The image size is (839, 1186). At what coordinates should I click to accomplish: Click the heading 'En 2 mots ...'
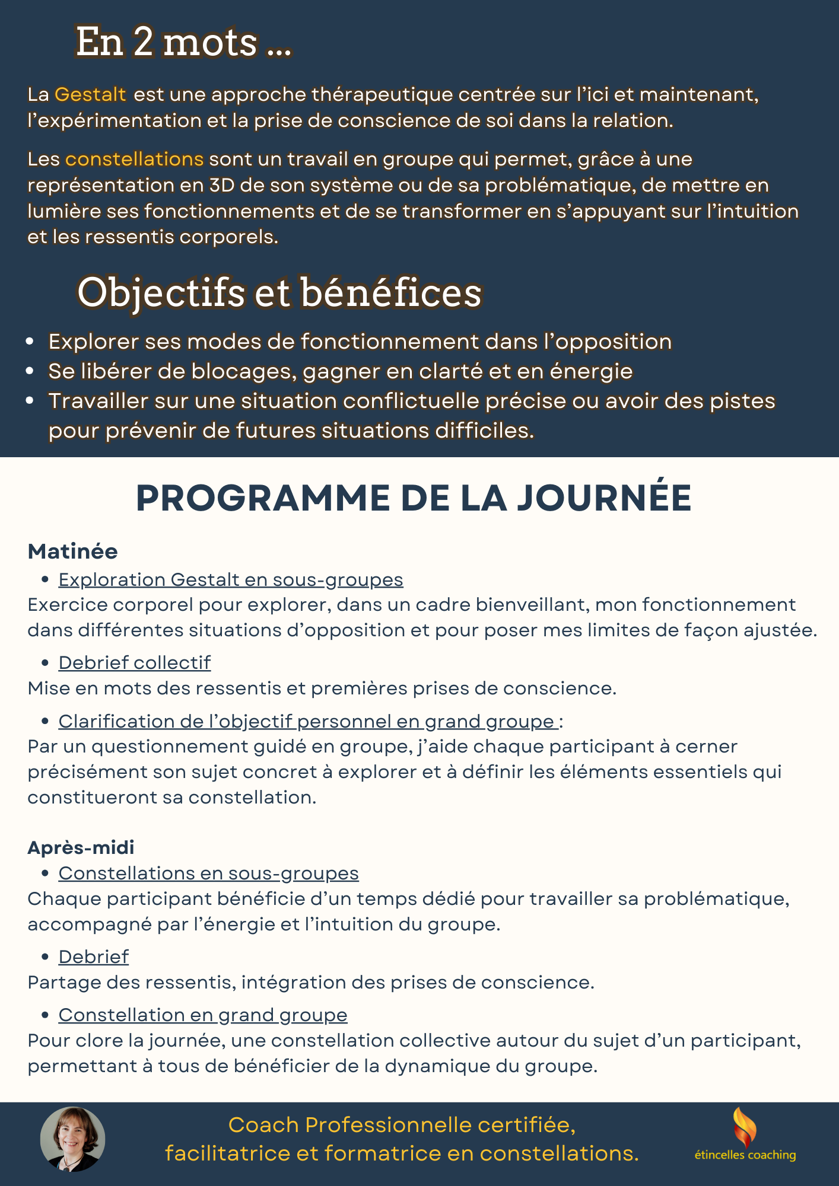[x=184, y=43]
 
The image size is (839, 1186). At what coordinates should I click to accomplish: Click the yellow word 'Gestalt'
[x=90, y=94]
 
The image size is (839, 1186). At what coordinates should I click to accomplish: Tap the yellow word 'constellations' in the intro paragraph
[x=134, y=159]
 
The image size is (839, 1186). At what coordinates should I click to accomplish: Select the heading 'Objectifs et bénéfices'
[x=279, y=292]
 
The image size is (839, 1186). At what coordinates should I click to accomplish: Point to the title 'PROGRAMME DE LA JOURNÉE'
[x=414, y=498]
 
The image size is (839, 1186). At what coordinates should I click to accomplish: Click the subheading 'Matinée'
[x=72, y=551]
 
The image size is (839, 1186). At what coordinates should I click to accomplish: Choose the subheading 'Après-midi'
[x=81, y=847]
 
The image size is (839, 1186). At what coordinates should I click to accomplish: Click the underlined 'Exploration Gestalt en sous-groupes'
[x=230, y=579]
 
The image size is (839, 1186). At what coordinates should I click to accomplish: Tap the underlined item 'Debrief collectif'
[x=134, y=662]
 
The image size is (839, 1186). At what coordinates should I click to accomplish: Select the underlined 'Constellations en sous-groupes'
[x=208, y=873]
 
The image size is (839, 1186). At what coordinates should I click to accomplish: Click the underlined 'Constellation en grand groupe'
[x=202, y=1015]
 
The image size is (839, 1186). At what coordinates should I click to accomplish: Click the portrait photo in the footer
[x=72, y=1139]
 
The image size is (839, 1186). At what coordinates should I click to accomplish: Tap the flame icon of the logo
[x=745, y=1127]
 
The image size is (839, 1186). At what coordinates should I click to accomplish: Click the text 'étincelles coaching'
[x=745, y=1155]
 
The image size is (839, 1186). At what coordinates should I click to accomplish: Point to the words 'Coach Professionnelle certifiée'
[x=401, y=1125]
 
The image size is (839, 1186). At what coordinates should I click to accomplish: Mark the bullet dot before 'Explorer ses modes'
[x=30, y=342]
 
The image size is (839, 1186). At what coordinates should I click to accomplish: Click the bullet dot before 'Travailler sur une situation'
[x=30, y=401]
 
